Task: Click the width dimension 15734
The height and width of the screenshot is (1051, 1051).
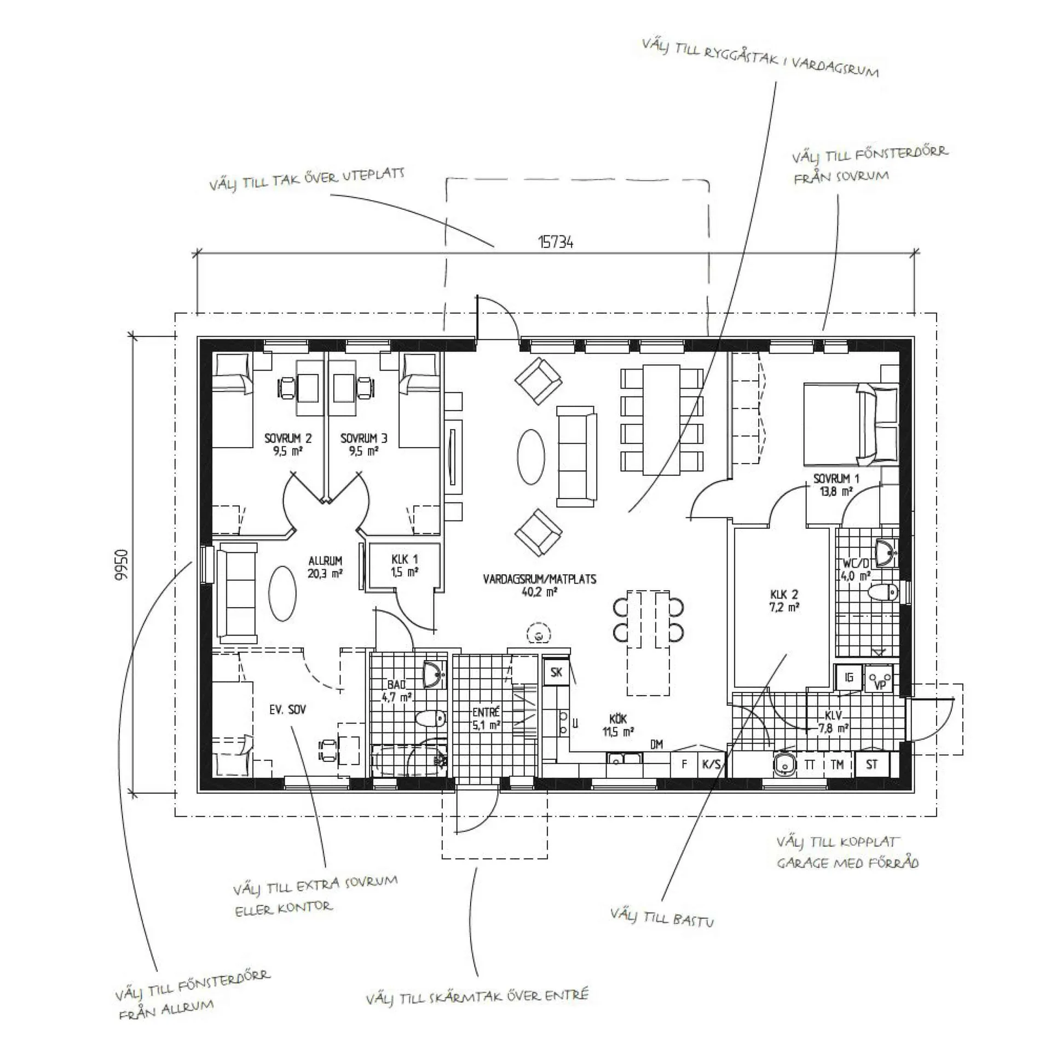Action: click(x=556, y=241)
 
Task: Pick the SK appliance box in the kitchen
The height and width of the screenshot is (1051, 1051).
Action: click(x=556, y=672)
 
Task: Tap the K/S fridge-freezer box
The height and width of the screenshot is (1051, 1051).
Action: click(x=711, y=764)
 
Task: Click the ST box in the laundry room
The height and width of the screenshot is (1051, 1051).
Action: click(x=871, y=764)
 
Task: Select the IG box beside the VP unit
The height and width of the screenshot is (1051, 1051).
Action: click(x=848, y=678)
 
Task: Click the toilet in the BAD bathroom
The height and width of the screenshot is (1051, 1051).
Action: click(x=430, y=718)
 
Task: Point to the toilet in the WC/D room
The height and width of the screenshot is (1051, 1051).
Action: click(x=883, y=592)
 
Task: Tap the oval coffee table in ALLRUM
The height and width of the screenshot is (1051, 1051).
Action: click(x=282, y=593)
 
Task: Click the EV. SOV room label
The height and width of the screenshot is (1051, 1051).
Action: click(x=287, y=710)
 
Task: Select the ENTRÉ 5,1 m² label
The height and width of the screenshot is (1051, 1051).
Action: click(x=486, y=719)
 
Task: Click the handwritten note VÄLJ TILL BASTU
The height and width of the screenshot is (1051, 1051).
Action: click(x=662, y=917)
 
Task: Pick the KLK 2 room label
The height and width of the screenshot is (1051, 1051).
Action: click(x=784, y=600)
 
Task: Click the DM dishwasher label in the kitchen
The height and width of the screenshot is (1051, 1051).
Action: click(x=657, y=744)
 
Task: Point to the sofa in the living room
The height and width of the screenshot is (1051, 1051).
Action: click(x=576, y=457)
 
